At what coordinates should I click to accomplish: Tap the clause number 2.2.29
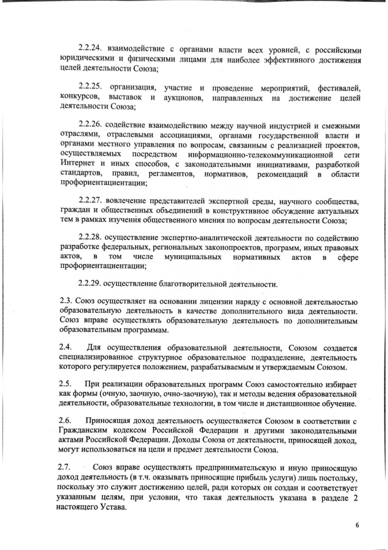click(91, 284)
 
